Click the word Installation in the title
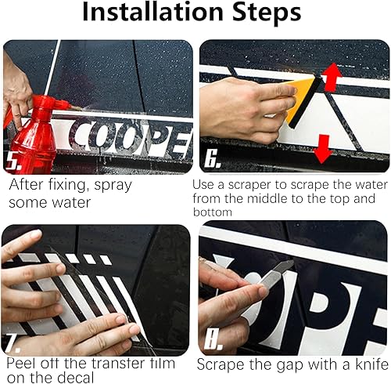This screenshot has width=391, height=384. pyautogui.click(x=152, y=12)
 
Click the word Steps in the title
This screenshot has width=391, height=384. pyautogui.click(x=267, y=12)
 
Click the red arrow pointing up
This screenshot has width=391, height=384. pyautogui.click(x=332, y=77)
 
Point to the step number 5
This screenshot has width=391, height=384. pyautogui.click(x=13, y=161)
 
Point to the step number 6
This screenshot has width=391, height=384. pyautogui.click(x=212, y=159)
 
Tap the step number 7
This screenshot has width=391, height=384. pyautogui.click(x=12, y=343)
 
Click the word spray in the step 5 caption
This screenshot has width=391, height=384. pyautogui.click(x=113, y=186)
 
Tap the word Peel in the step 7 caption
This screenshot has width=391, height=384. pyautogui.click(x=21, y=363)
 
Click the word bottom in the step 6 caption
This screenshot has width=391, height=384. pyautogui.click(x=213, y=212)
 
